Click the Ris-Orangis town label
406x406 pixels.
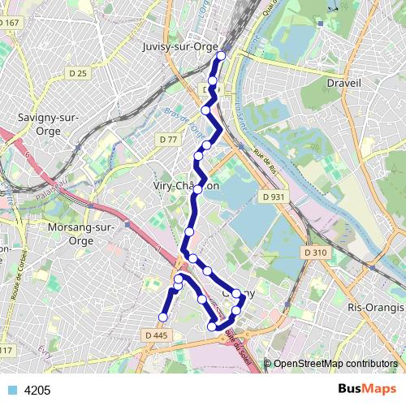[374, 308]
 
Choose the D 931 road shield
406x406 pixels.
[274, 197]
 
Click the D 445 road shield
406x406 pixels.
[157, 335]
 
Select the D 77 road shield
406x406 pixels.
[169, 140]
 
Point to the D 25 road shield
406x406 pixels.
[77, 74]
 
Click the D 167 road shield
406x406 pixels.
[11, 23]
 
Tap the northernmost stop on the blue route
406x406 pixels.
[221, 56]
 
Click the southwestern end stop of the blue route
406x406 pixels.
[163, 317]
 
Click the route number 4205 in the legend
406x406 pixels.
[37, 390]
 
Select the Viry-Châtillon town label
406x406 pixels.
[186, 186]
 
